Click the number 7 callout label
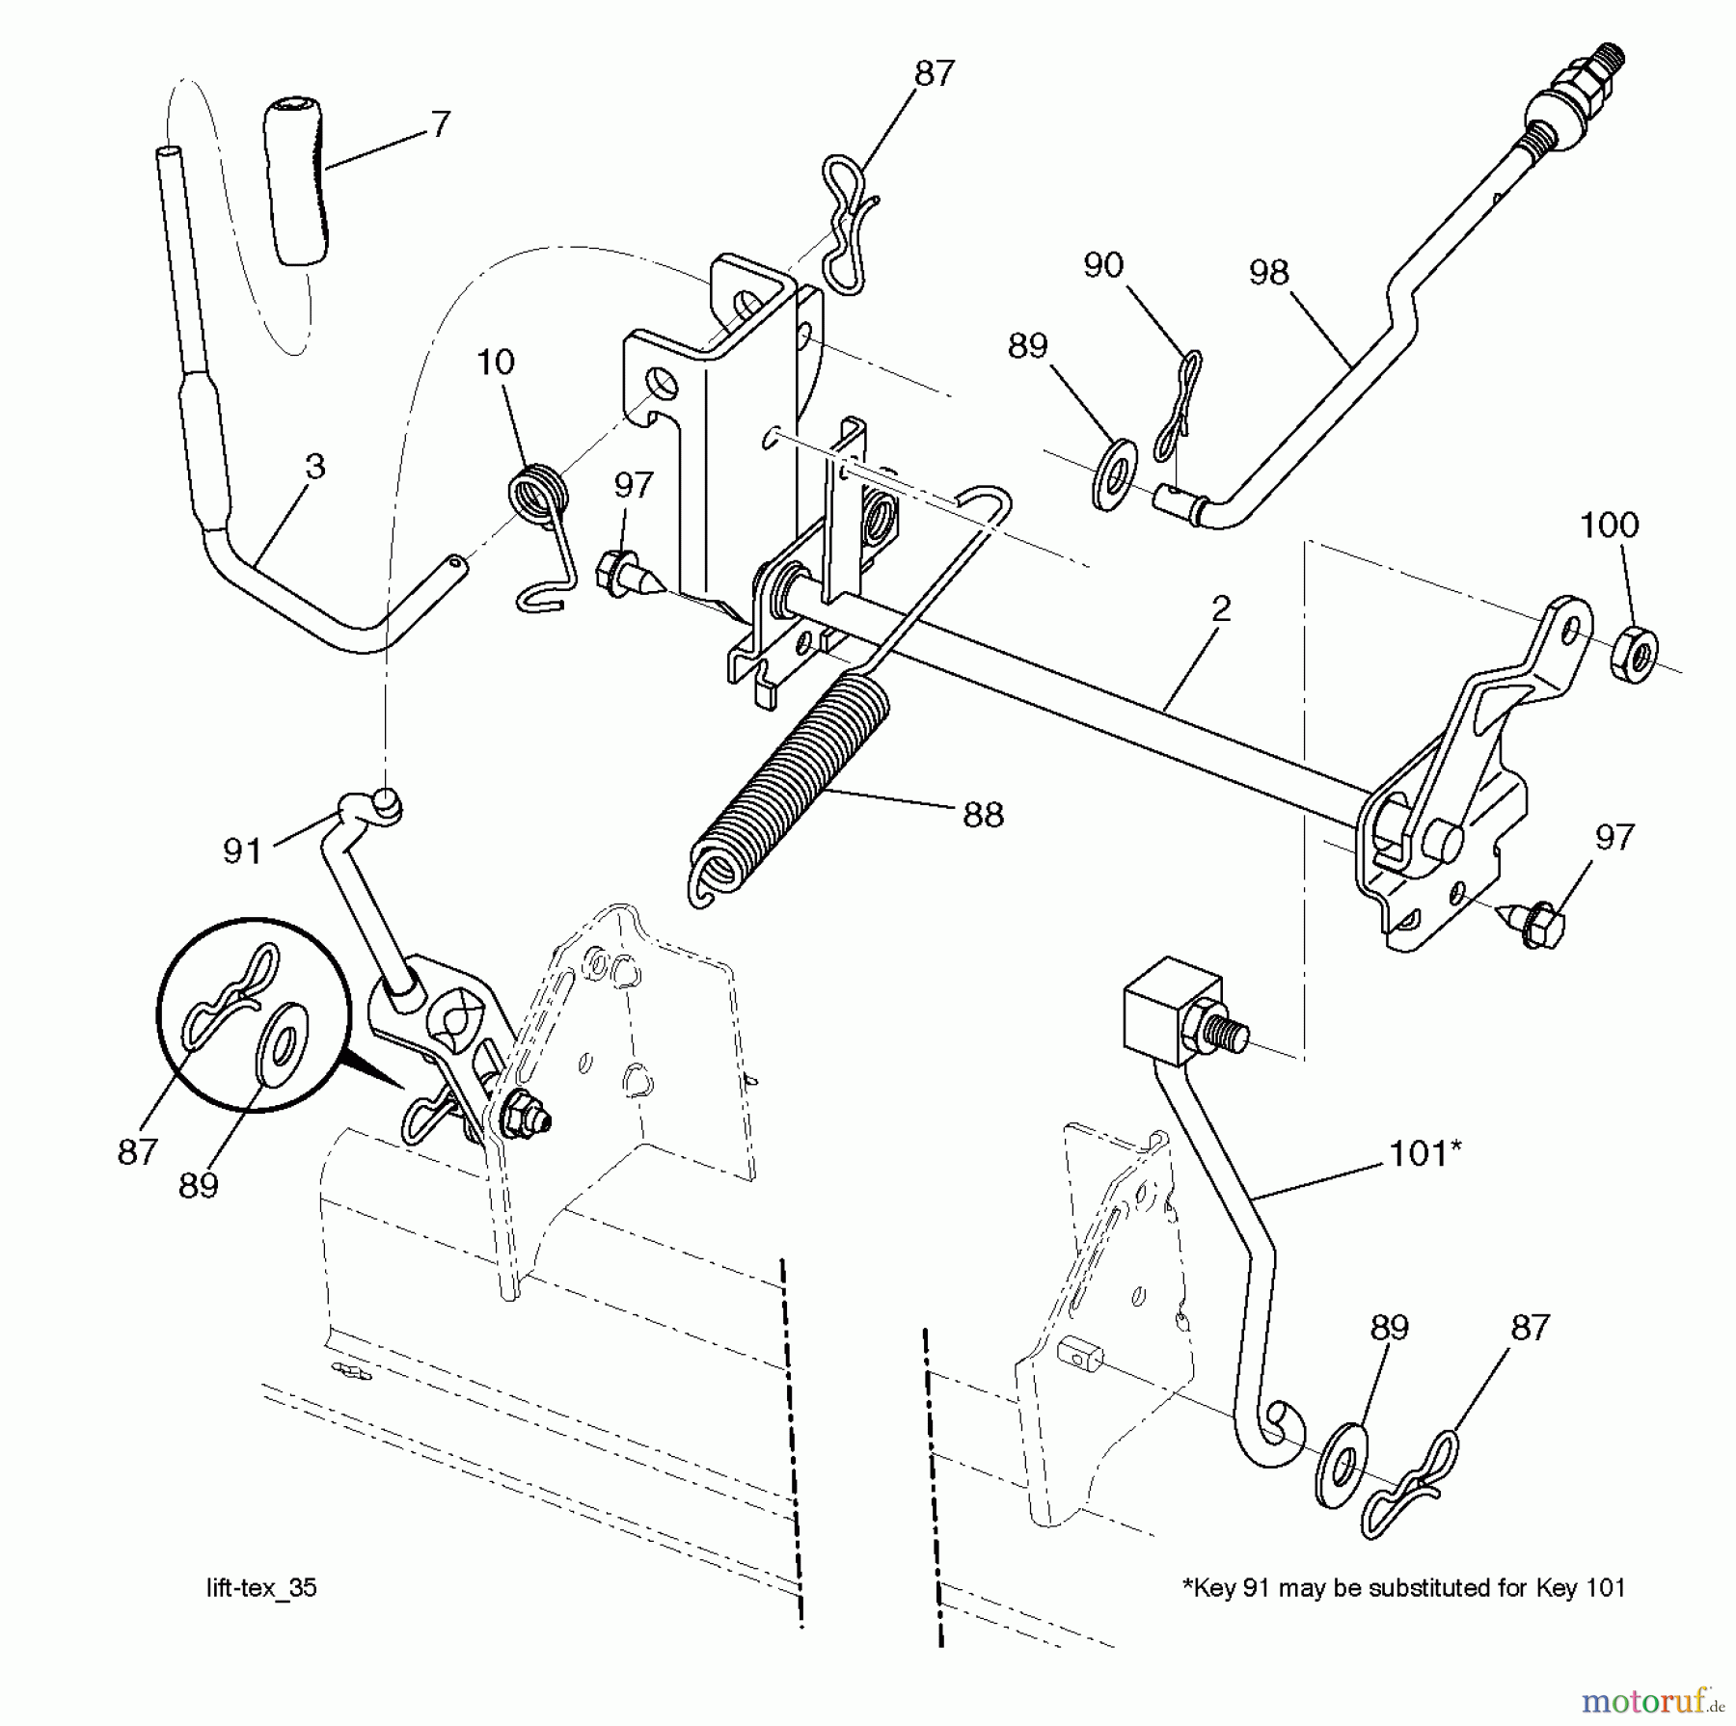tap(440, 124)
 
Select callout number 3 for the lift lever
tap(314, 467)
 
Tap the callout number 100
tap(1609, 526)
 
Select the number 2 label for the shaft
tap(1220, 608)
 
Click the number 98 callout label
tap(1268, 273)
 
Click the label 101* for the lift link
tap(1424, 1153)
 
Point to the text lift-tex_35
tap(261, 1588)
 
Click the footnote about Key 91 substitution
tap(1403, 1587)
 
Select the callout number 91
tap(242, 851)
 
